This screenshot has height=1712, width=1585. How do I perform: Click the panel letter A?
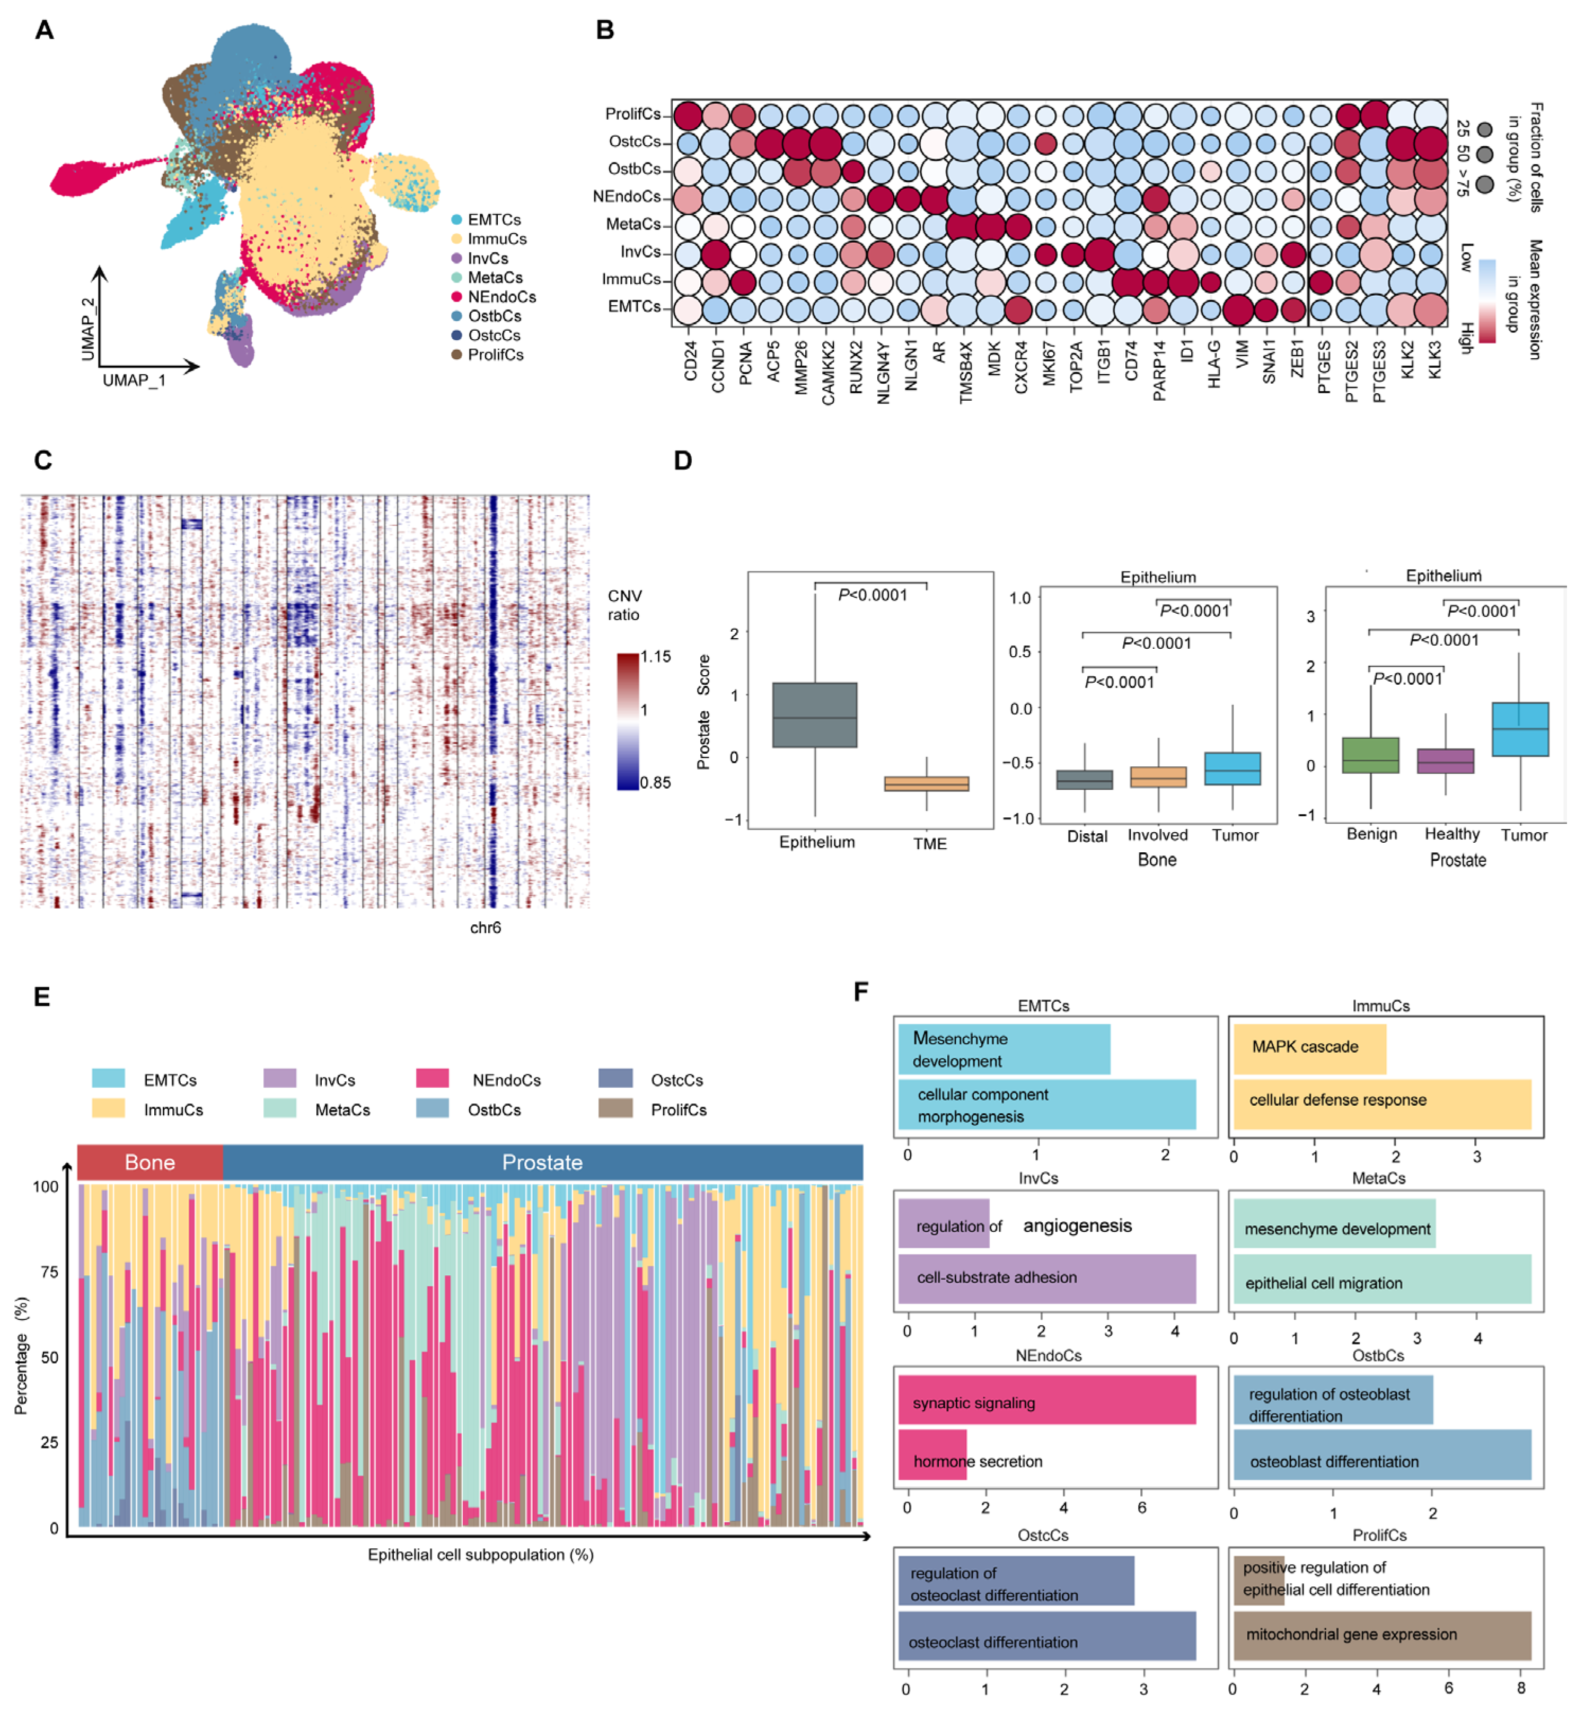click(x=44, y=30)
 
